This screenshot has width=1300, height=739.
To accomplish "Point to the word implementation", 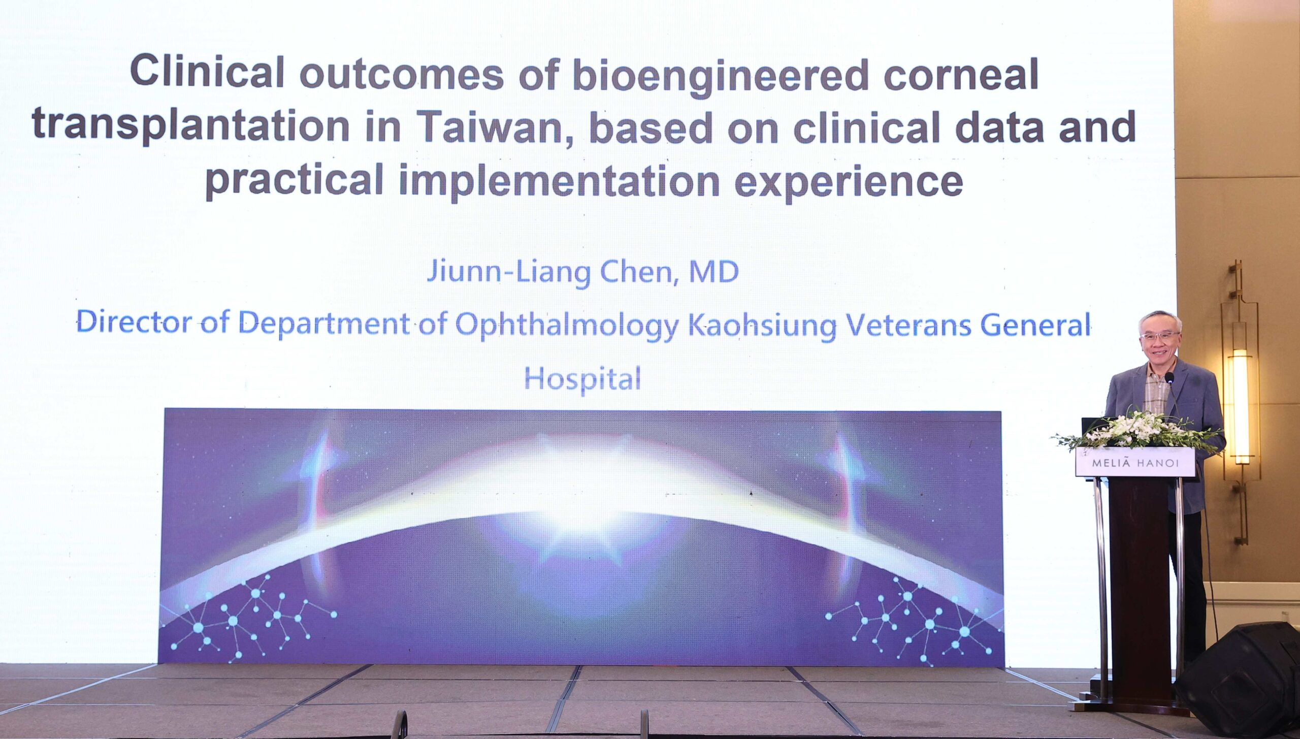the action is (559, 183).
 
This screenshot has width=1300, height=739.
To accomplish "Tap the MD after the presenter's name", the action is (713, 272).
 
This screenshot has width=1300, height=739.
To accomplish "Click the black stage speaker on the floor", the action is (1239, 678).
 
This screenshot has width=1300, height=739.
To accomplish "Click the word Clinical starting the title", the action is (207, 72).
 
